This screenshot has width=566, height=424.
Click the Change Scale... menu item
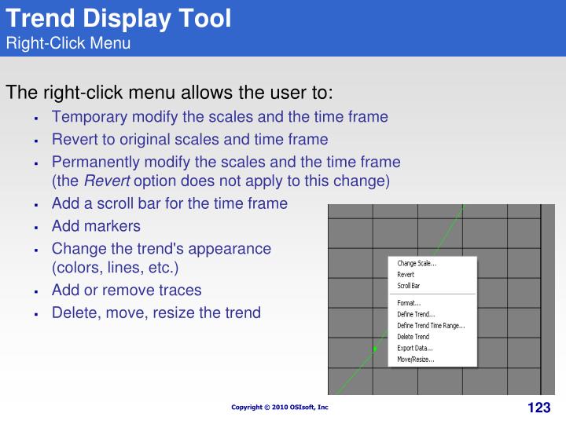(417, 264)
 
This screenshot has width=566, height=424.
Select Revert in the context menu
(406, 275)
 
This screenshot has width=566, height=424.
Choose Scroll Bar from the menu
(409, 286)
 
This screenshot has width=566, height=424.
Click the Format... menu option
(409, 303)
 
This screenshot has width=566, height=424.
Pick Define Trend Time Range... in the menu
(431, 325)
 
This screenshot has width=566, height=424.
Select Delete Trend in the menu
(413, 337)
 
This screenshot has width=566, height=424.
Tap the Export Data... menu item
(415, 348)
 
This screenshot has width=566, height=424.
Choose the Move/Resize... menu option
(416, 360)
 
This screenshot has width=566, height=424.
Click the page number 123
(538, 408)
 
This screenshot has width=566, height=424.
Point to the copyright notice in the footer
(280, 408)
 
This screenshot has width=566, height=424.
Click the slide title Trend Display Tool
(119, 18)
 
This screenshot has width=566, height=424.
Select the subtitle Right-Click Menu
(68, 42)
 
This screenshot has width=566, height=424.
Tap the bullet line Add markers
(96, 226)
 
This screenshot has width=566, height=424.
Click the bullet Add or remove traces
(127, 290)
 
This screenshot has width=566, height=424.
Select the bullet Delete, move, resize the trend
(156, 313)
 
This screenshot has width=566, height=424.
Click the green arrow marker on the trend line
(375, 348)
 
